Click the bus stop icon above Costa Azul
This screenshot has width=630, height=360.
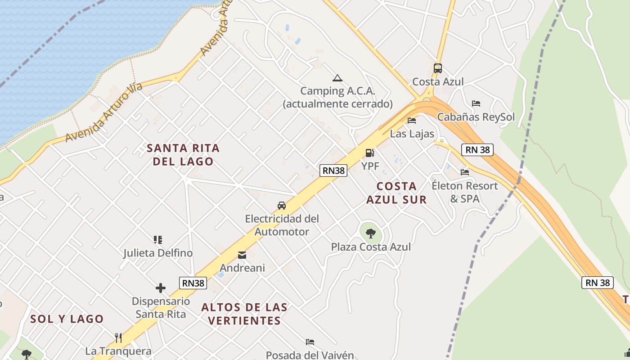coord(437,68)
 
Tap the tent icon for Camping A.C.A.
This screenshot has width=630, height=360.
coord(337,78)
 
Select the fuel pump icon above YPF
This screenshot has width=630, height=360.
coord(369,153)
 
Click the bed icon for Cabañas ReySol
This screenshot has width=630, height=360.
coord(476,103)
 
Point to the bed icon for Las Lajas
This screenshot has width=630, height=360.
coord(411,121)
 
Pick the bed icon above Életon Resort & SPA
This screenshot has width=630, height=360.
coord(464,172)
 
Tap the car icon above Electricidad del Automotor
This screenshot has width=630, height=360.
coord(282,206)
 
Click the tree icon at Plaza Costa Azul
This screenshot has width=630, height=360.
coord(371,233)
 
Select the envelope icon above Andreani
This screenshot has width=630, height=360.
coord(242,256)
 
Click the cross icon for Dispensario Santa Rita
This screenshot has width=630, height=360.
coord(161,288)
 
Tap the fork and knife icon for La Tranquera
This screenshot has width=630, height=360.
coord(118,337)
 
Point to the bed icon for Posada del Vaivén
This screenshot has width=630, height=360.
coord(310,342)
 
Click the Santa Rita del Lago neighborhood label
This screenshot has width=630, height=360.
coord(183,154)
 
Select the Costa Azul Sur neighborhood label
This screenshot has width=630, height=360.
coord(396,193)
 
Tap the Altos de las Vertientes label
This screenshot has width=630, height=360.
coord(244,314)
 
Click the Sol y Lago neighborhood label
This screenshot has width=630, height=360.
coord(67,319)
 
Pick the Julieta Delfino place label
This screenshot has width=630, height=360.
coord(158,253)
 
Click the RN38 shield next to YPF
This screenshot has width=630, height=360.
coord(333,171)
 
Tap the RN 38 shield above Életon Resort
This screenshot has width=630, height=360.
coord(477,149)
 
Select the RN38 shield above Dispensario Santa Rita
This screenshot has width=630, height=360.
coord(193,283)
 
